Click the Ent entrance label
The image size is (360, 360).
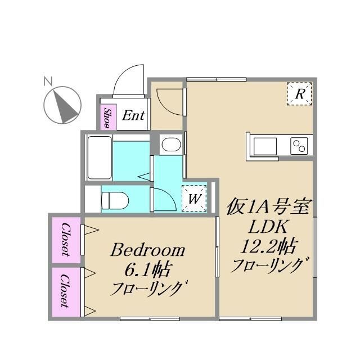click(x=133, y=116)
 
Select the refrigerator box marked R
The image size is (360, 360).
click(x=300, y=93)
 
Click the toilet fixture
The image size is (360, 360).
click(x=115, y=199)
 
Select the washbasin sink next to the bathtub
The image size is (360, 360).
click(x=170, y=145)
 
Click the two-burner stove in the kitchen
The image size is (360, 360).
click(x=300, y=146)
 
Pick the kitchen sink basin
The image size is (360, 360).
click(x=264, y=146)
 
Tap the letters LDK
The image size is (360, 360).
click(x=269, y=227)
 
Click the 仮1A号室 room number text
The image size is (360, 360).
click(x=269, y=208)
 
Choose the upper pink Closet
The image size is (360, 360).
click(x=65, y=239)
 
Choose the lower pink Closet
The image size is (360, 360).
click(x=65, y=291)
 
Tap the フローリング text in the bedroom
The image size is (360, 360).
click(x=147, y=289)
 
